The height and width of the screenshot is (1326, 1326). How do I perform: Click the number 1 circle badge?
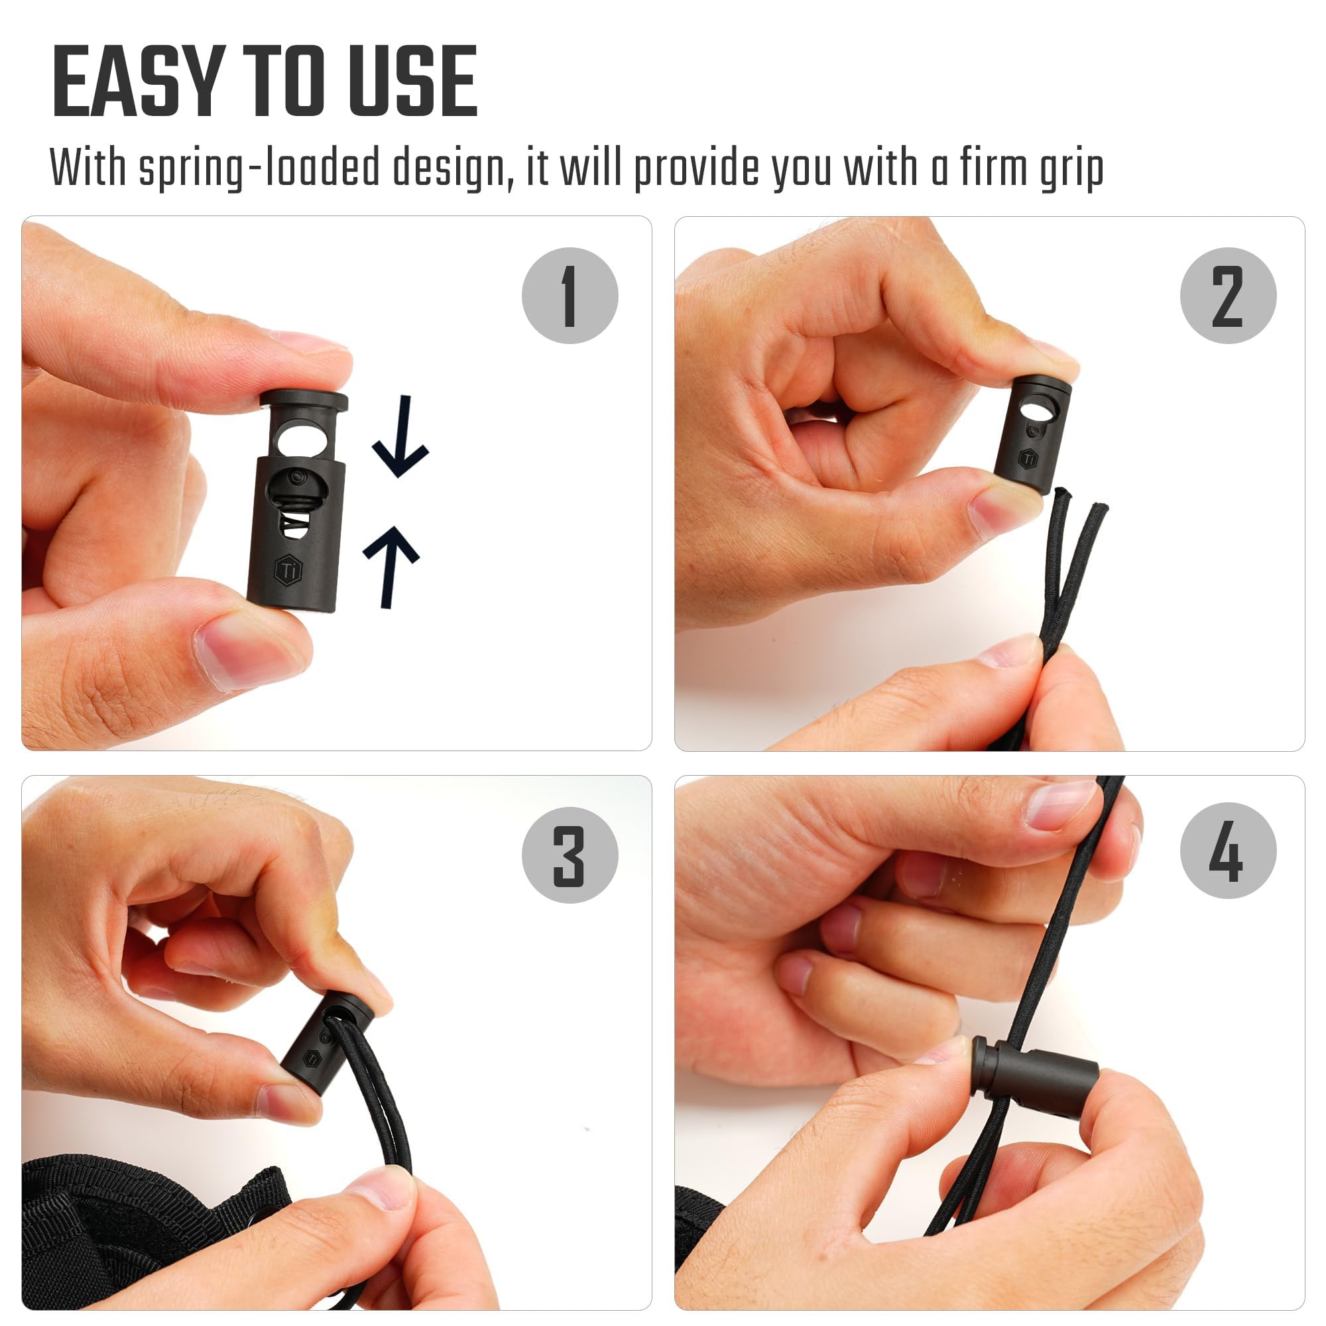click(x=570, y=296)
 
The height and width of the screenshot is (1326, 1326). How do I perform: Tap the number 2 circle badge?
click(x=1228, y=296)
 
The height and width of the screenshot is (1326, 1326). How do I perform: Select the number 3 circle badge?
click(x=570, y=855)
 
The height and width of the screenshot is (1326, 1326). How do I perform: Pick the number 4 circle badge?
click(x=1228, y=851)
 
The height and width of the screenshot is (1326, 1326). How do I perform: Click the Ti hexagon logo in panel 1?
click(x=288, y=569)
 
